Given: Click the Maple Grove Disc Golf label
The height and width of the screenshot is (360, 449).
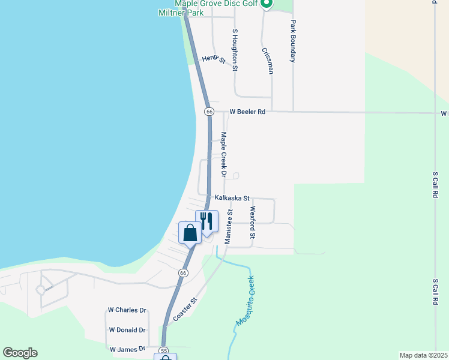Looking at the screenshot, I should tap(217, 4).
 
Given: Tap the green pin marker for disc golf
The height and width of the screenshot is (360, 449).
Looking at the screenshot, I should tap(268, 4).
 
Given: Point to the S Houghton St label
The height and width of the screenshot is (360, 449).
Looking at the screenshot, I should tap(235, 50).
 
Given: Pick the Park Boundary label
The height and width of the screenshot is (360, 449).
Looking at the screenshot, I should tap(293, 42).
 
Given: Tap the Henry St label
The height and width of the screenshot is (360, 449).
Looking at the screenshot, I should tap(213, 59).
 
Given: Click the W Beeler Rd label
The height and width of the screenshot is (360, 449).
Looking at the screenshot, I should tap(247, 112).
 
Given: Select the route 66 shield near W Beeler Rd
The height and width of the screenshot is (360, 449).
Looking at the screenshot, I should tap(209, 112).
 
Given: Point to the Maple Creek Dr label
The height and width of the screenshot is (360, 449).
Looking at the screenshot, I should tap(223, 155).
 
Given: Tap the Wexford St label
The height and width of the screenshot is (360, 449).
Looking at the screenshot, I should tap(253, 222).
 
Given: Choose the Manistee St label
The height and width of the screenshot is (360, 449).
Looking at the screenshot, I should tap(229, 226).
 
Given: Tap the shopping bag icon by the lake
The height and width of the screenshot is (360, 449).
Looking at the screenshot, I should tap(190, 232).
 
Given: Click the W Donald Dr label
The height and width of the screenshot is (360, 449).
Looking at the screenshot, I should tap(127, 330).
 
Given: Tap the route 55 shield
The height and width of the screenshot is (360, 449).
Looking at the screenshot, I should tap(164, 350).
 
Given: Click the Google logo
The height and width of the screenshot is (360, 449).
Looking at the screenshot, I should tap(20, 353).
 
